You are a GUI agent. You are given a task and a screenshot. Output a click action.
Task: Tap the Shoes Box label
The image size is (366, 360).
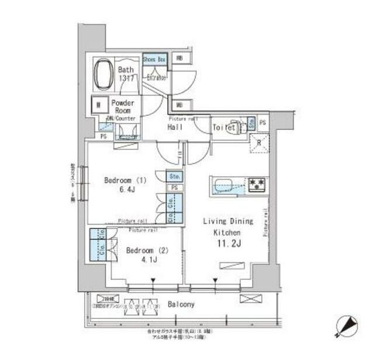(154, 59)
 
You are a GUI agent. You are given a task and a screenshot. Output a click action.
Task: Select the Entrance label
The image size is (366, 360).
(156, 77)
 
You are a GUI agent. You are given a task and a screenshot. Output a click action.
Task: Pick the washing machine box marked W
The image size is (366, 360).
(99, 106)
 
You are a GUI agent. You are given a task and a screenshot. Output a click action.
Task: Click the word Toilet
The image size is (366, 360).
(223, 127)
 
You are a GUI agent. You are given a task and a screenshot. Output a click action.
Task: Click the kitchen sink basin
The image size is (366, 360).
(226, 186)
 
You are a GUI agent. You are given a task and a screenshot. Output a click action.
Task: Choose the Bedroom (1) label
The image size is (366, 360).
(126, 180)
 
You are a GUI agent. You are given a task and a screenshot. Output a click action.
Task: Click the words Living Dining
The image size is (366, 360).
(228, 221)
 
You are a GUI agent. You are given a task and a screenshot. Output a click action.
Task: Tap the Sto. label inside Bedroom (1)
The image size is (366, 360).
(174, 176)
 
